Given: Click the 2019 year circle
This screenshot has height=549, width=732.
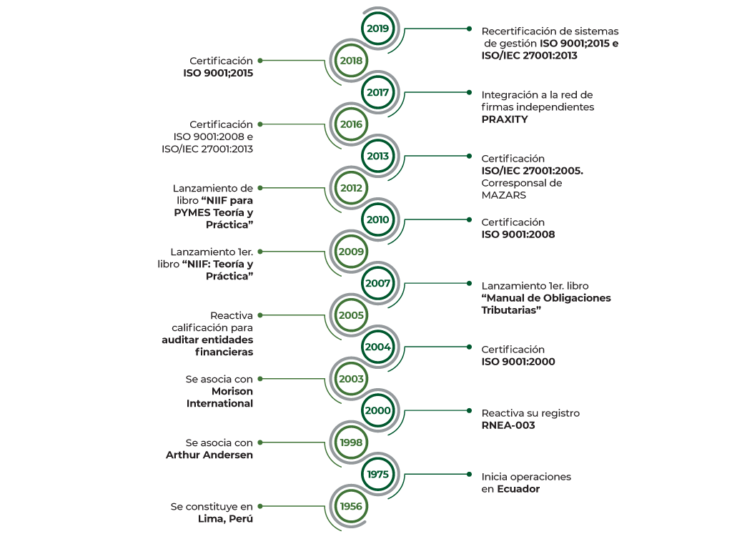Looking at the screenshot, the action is tap(377, 29).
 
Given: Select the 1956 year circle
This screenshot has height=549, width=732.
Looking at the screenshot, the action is tap(351, 506).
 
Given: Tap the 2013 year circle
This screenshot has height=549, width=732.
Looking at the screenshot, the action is tap(377, 156).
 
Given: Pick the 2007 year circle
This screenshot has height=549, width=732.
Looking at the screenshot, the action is tap(377, 283).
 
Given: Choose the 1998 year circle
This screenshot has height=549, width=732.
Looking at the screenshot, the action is tap(351, 442).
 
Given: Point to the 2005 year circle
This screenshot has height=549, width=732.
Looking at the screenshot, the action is tap(351, 315).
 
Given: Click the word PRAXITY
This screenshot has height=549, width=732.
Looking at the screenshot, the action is tap(505, 119).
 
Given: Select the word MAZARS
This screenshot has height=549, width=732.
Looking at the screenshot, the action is tap(504, 195).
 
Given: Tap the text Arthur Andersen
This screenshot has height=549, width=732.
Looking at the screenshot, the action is tap(209, 455).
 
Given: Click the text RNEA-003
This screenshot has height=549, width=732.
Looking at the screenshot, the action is tap(508, 425).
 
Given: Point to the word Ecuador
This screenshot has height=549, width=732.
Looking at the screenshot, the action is tap(518, 489).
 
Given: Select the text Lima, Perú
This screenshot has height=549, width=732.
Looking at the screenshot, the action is tap(225, 519).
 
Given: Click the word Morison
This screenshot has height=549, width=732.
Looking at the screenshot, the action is tap(232, 391).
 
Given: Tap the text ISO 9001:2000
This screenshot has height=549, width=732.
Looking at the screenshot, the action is tap(518, 362).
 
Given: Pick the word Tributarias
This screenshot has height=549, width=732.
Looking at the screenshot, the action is tap(511, 310).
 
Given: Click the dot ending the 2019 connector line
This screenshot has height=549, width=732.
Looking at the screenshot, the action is tap(469, 29).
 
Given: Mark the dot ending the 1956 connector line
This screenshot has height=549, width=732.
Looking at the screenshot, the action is tap(260, 506).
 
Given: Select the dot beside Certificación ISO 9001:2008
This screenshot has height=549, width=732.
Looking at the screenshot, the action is tap(469, 219).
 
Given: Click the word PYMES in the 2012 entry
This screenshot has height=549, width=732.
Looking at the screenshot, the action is tap(192, 213).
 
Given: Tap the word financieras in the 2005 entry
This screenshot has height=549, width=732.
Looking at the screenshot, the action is tap(224, 352).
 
